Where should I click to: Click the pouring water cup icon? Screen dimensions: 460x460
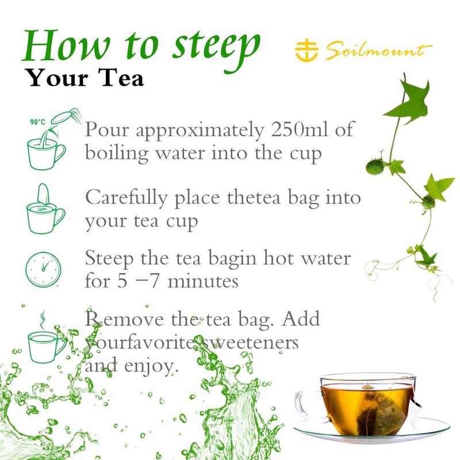click(x=46, y=144)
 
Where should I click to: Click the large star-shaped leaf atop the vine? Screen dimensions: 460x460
click(x=410, y=101)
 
